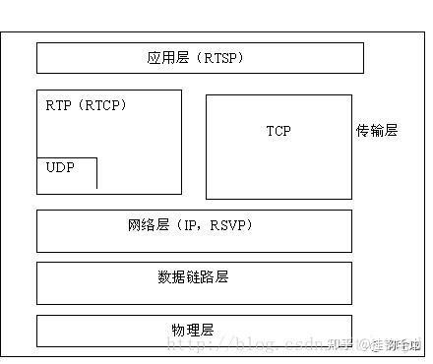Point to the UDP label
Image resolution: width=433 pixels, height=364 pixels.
[60, 167]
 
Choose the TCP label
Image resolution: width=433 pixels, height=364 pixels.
[278, 131]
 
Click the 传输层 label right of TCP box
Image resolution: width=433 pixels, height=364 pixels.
[377, 131]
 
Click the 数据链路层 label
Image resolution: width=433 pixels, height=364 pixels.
[193, 277]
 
